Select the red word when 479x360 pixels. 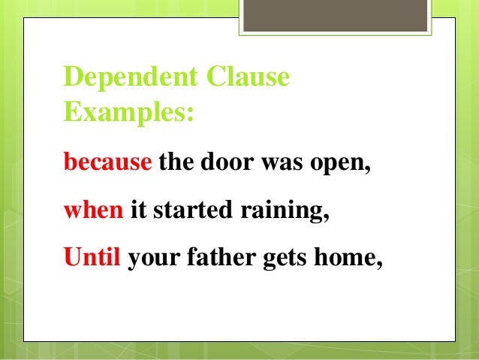pyautogui.click(x=93, y=210)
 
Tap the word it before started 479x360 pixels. pyautogui.click(x=137, y=210)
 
